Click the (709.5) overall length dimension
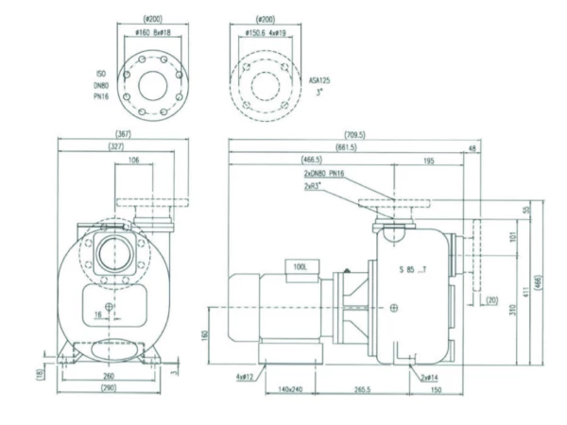(x=362, y=134)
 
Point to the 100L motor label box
(x=301, y=267)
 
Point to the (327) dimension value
(x=117, y=146)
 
